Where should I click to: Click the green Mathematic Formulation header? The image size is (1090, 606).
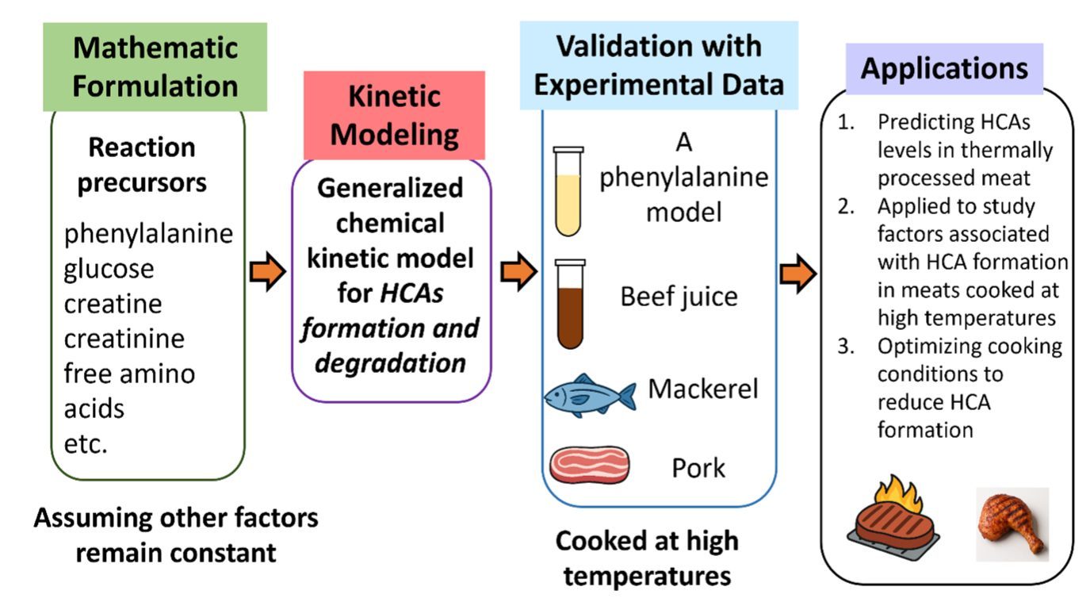click(155, 67)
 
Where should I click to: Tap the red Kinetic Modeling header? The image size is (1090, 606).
click(394, 115)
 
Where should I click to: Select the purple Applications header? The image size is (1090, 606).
click(944, 68)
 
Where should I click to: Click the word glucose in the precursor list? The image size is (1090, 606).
click(109, 268)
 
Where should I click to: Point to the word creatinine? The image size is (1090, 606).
click(124, 339)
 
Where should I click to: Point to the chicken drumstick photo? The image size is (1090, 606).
click(1012, 524)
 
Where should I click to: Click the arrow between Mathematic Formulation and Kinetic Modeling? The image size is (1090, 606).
click(267, 274)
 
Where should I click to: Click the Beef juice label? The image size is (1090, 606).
click(679, 297)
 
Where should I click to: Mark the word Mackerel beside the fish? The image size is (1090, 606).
click(703, 389)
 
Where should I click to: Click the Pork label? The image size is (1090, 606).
click(698, 468)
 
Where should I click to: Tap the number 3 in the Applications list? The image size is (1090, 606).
click(844, 347)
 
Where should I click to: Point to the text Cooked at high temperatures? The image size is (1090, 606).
click(646, 558)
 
